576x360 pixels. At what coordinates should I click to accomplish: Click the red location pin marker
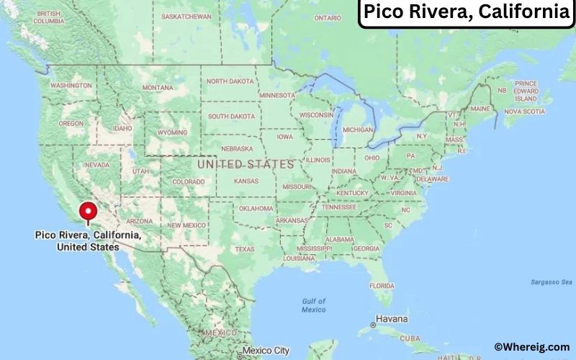[x=88, y=213]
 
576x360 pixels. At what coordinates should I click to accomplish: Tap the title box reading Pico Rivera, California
[x=467, y=13]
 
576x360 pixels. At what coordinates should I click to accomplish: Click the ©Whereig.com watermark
[x=531, y=346]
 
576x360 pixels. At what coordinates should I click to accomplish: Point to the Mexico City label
[x=266, y=351]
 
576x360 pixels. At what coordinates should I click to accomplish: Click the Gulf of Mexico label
[x=313, y=305]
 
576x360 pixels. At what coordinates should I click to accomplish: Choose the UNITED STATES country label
[x=246, y=164]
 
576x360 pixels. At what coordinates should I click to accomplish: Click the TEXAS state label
[x=244, y=249]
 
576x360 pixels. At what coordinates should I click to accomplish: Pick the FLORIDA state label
[x=382, y=285]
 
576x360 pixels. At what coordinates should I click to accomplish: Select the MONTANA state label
[x=158, y=88]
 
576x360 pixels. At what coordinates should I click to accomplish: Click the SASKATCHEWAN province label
[x=186, y=16]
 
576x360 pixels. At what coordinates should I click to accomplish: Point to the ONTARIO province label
[x=328, y=18]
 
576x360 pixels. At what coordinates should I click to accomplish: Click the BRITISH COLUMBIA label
[x=48, y=17]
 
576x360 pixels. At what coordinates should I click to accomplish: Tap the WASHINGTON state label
[x=71, y=85]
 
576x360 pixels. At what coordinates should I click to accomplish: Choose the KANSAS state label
[x=246, y=181]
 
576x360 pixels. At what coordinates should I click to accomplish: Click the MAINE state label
[x=480, y=109]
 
